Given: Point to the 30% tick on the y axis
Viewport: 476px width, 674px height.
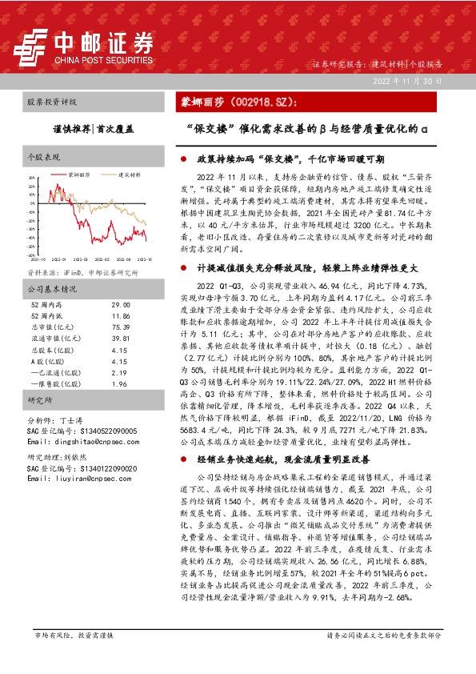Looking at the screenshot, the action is (x=32, y=179).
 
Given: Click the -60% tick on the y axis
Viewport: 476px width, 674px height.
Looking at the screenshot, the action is (x=31, y=255).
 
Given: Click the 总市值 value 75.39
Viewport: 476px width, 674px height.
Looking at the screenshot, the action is (x=121, y=328).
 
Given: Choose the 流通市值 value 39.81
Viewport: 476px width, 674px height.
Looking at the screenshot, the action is (x=121, y=339).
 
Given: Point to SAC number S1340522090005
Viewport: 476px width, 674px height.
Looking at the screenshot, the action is (x=72, y=431).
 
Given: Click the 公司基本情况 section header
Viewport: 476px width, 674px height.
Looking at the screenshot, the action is (x=51, y=289).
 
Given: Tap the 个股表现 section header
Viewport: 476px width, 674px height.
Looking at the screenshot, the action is (x=43, y=157).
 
